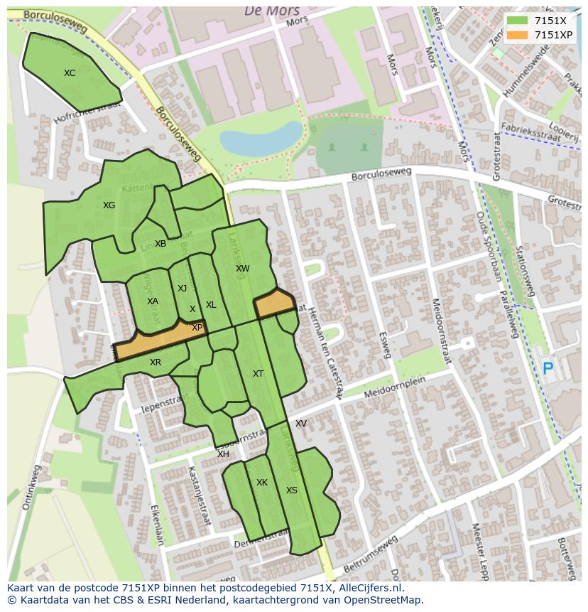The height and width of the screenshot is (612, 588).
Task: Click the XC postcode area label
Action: tap(70, 73)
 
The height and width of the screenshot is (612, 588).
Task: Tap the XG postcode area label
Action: tap(109, 205)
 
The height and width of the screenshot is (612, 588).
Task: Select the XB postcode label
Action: tap(160, 244)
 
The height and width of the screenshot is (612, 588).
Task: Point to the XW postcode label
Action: tap(243, 269)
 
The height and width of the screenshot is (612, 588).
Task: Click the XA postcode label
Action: tap(153, 301)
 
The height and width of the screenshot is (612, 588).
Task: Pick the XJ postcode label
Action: tap(183, 288)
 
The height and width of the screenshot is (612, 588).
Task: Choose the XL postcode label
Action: tap(211, 305)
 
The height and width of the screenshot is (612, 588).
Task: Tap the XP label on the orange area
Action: tap(197, 328)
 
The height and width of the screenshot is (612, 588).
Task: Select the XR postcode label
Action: tap(156, 363)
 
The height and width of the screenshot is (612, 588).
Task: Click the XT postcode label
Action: tap(258, 374)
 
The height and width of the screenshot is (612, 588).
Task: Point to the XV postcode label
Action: tap(301, 424)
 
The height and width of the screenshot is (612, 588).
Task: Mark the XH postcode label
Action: tap(223, 454)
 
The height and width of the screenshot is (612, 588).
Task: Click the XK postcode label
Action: tap(262, 483)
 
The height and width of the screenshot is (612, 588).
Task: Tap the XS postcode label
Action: tap(292, 490)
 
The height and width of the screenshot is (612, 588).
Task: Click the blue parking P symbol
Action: tap(548, 369)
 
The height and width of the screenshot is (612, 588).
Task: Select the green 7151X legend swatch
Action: tap(517, 21)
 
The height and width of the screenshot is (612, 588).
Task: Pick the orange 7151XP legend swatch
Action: tap(517, 34)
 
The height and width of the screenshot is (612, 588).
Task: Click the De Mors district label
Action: tap(272, 11)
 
